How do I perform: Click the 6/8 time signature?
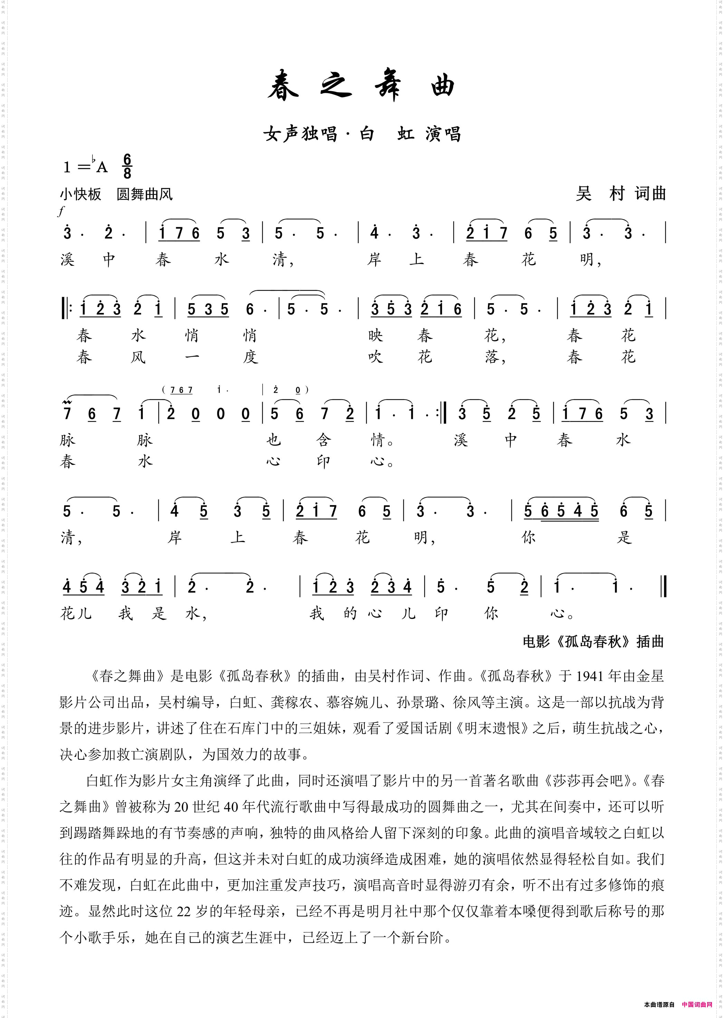pos(127,166)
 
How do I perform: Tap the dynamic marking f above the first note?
pos(61,211)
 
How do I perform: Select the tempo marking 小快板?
pos(81,194)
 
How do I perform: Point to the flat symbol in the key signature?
pos(94,160)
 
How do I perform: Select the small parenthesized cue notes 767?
pos(182,390)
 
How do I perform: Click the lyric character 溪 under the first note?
pos(67,260)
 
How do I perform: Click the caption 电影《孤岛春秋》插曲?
pos(593,642)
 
